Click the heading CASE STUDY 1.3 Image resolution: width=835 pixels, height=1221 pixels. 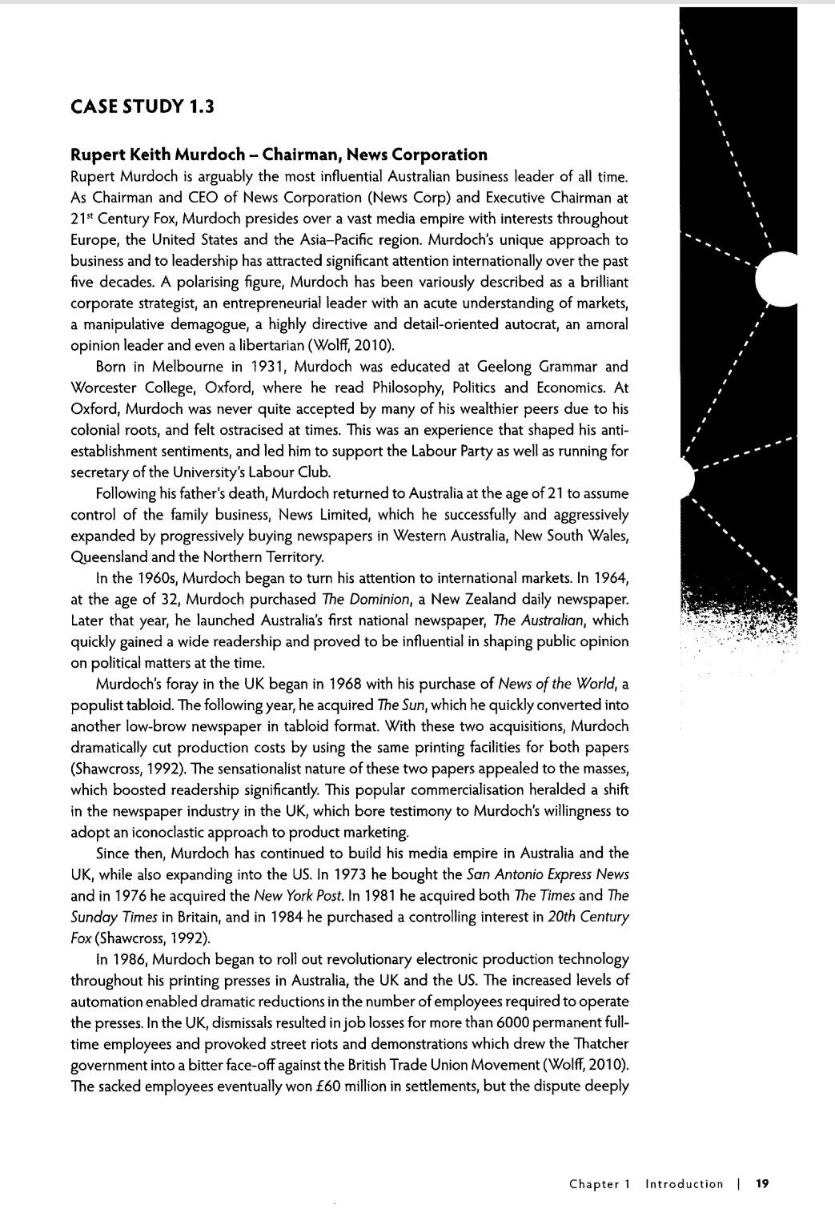tap(143, 106)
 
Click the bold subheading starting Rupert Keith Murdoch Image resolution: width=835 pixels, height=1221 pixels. tap(279, 155)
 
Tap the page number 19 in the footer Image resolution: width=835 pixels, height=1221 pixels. tap(762, 1183)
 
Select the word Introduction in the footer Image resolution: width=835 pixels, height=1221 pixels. tap(684, 1183)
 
